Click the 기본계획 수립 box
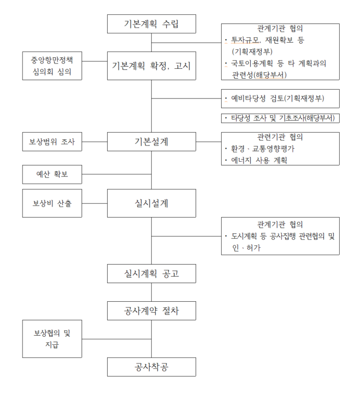(x=151, y=24)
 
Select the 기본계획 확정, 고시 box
(x=151, y=66)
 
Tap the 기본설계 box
(x=151, y=142)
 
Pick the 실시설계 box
(x=151, y=203)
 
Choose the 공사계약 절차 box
(x=151, y=312)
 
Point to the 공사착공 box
(x=151, y=366)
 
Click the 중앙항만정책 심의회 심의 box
(x=52, y=66)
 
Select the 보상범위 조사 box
(x=52, y=142)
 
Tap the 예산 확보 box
(x=52, y=175)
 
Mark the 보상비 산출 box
(x=52, y=203)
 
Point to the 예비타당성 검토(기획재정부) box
(x=280, y=99)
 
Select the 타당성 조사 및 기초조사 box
(x=280, y=118)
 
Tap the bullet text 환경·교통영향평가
(x=262, y=149)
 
